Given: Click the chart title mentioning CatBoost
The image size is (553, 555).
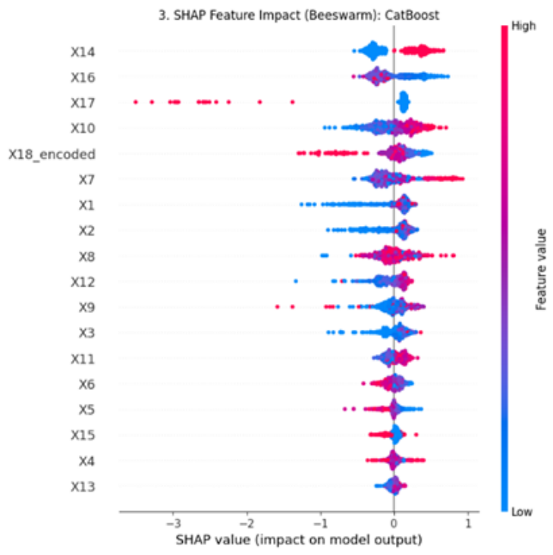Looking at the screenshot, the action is pyautogui.click(x=298, y=16).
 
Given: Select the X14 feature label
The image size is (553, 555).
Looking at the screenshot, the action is pyautogui.click(x=83, y=52).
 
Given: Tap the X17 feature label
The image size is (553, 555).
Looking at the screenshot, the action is pyautogui.click(x=83, y=103).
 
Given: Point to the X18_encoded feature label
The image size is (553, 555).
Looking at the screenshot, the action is pyautogui.click(x=52, y=155).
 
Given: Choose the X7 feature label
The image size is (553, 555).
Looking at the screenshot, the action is pyautogui.click(x=86, y=180).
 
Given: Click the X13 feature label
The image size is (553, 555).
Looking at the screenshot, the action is pyautogui.click(x=83, y=487).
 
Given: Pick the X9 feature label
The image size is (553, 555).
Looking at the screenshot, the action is pyautogui.click(x=86, y=307).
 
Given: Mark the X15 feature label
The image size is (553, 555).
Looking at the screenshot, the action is pyautogui.click(x=83, y=435).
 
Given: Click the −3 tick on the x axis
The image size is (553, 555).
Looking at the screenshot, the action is pyautogui.click(x=173, y=523).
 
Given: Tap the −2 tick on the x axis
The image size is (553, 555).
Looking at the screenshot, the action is pyautogui.click(x=247, y=523).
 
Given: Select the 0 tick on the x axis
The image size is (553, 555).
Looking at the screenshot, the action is pyautogui.click(x=394, y=523).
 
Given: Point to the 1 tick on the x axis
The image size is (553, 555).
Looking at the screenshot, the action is pyautogui.click(x=468, y=523).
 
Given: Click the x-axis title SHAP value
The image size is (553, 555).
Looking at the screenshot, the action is pyautogui.click(x=298, y=541).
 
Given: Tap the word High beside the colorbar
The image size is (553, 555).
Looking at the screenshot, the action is pyautogui.click(x=523, y=26).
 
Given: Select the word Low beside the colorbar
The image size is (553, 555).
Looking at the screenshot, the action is pyautogui.click(x=521, y=512).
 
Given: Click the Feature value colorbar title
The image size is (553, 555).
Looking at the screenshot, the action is pyautogui.click(x=541, y=270).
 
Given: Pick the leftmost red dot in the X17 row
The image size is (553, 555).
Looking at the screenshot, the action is pyautogui.click(x=136, y=102).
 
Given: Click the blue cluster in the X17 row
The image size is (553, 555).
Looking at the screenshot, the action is pyautogui.click(x=404, y=102).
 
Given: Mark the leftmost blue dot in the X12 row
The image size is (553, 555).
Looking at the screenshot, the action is pyautogui.click(x=296, y=281).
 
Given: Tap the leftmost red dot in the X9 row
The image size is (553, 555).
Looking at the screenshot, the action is pyautogui.click(x=277, y=307).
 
